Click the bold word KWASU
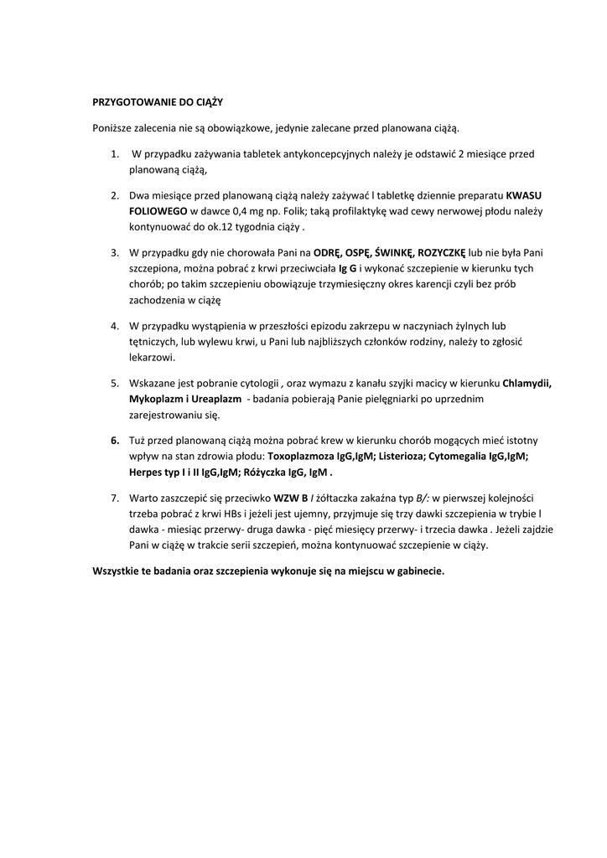pyautogui.click(x=524, y=195)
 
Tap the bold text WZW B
pyautogui.click(x=291, y=497)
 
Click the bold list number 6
pyautogui.click(x=115, y=440)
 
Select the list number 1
pyautogui.click(x=115, y=154)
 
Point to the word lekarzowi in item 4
pyautogui.click(x=152, y=358)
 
